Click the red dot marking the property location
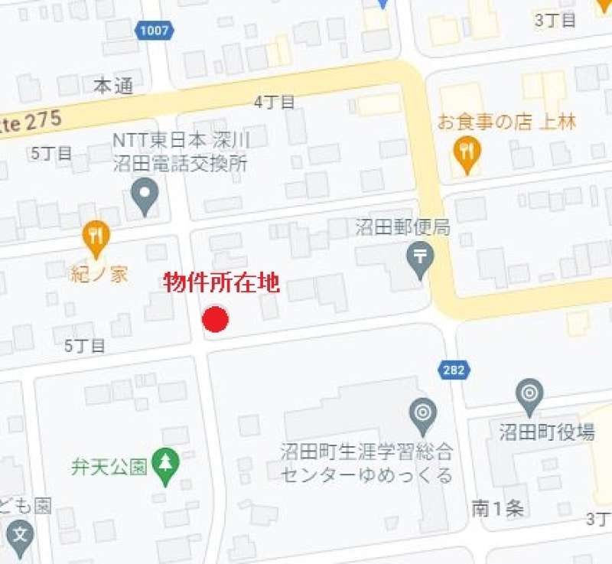click(x=216, y=320)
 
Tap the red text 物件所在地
click(x=222, y=284)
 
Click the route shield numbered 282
click(x=451, y=370)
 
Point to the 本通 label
click(x=113, y=86)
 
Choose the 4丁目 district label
click(x=275, y=103)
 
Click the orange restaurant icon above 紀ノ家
click(x=95, y=238)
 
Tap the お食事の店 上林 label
click(x=506, y=122)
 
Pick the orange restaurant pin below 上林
click(x=466, y=154)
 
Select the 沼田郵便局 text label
click(x=402, y=227)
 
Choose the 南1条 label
click(x=497, y=508)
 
